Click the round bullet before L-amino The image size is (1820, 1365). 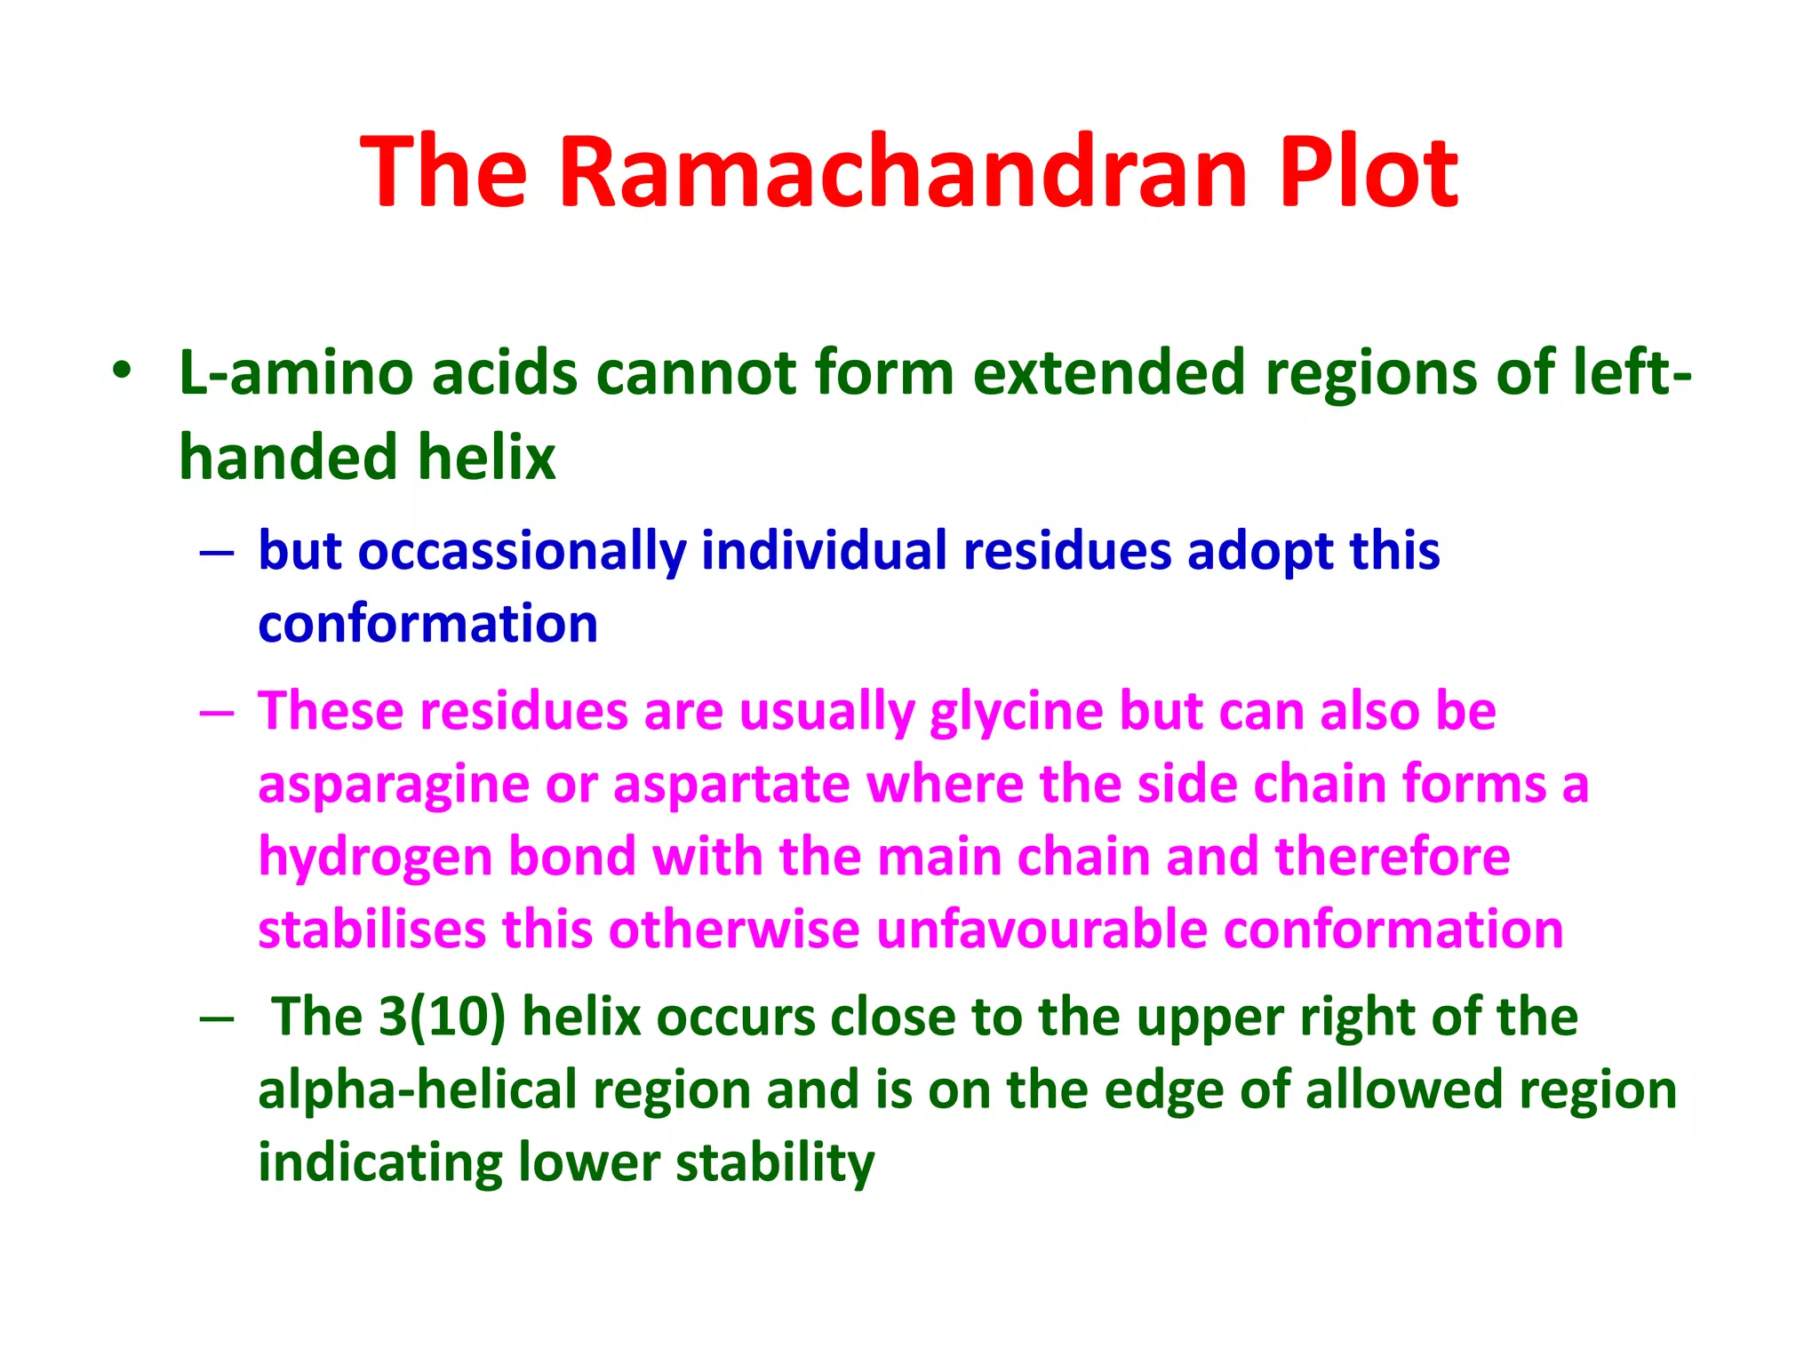(x=122, y=371)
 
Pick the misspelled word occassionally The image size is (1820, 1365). (x=522, y=551)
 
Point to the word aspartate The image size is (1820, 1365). (x=730, y=786)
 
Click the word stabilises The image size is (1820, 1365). (x=371, y=930)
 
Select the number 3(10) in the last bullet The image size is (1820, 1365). (x=442, y=1017)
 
